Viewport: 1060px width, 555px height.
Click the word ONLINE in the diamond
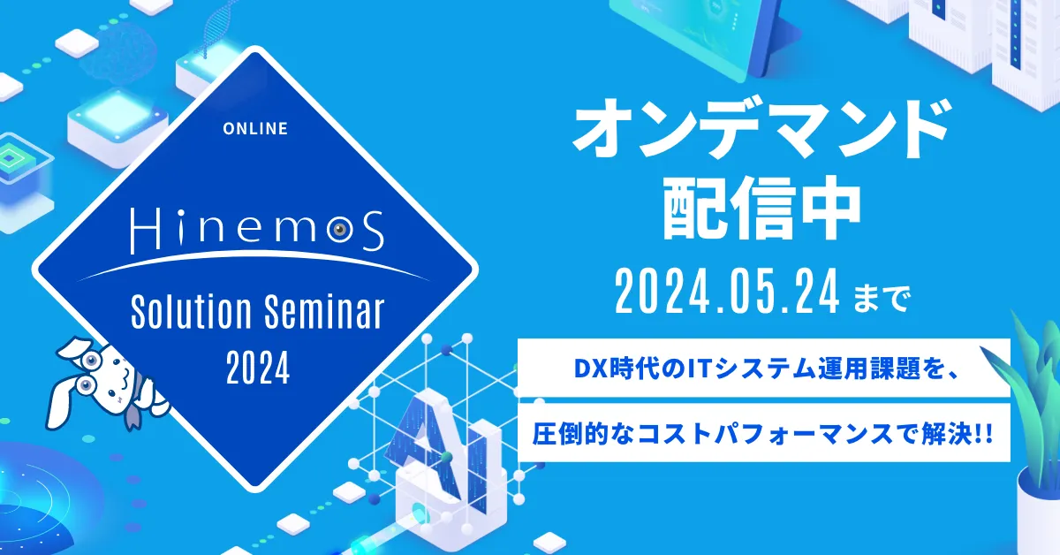[255, 128]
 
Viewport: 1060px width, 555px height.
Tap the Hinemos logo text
[257, 230]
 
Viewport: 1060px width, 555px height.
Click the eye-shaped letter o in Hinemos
[340, 230]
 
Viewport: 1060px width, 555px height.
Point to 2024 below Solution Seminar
[258, 368]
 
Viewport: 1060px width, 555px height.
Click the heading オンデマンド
[761, 129]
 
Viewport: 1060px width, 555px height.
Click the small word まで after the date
[882, 299]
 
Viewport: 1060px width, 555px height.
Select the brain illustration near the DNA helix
[117, 50]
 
